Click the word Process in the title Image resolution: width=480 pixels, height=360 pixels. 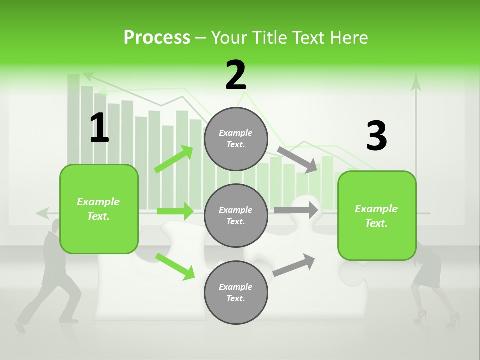click(157, 38)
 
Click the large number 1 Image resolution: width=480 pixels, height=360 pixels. click(99, 128)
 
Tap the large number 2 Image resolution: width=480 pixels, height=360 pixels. click(236, 75)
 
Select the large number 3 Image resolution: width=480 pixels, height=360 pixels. click(376, 136)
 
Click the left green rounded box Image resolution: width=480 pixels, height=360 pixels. click(99, 209)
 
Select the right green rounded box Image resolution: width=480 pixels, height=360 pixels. click(377, 215)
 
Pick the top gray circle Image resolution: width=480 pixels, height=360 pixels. click(236, 139)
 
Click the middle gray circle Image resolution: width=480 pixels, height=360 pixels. click(236, 215)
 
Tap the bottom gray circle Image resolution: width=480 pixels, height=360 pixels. click(236, 292)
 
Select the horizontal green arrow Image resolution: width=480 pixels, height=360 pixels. click(175, 211)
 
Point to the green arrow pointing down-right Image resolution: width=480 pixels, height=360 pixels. click(175, 266)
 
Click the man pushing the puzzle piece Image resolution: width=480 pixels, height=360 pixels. click(50, 280)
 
